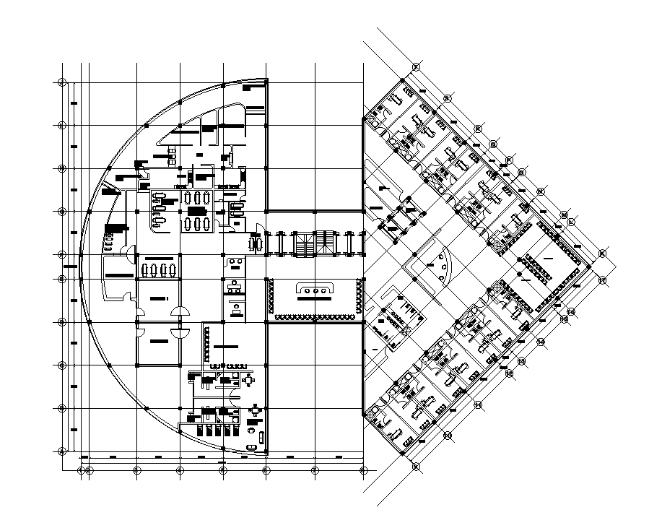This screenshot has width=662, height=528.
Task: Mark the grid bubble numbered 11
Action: [x=447, y=435]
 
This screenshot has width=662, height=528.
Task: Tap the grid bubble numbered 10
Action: [x=416, y=466]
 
